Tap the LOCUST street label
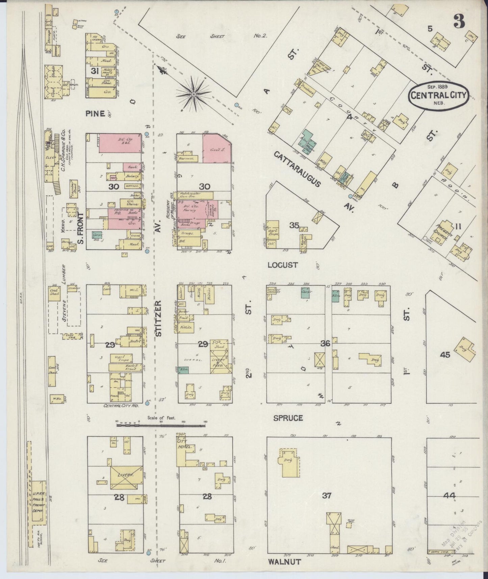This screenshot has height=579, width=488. [283, 265]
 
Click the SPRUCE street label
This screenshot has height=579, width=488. [288, 418]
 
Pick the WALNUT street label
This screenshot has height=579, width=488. [284, 562]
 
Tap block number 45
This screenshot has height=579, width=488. [445, 355]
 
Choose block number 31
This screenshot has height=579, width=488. [95, 71]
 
